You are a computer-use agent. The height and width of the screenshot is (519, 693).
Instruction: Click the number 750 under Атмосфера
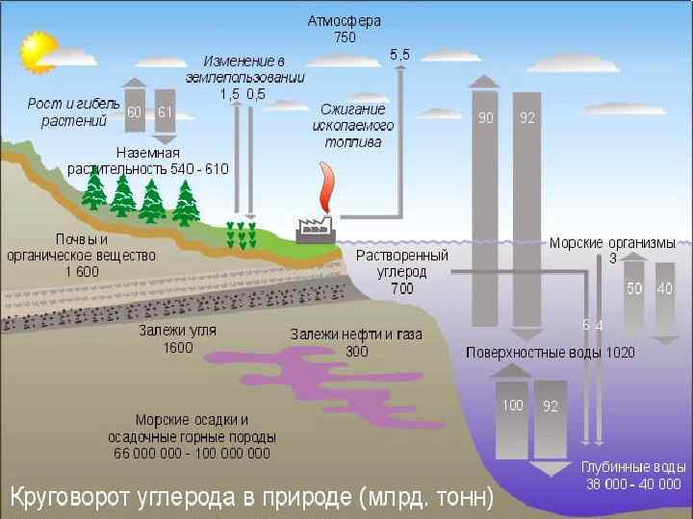pyautogui.click(x=345, y=38)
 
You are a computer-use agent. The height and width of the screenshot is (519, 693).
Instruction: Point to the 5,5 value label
pyautogui.click(x=400, y=56)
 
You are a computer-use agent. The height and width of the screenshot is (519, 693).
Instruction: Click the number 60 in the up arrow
pyautogui.click(x=136, y=112)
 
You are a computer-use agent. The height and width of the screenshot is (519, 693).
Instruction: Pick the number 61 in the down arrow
pyautogui.click(x=165, y=112)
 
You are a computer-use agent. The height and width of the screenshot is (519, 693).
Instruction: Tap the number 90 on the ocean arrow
pyautogui.click(x=486, y=118)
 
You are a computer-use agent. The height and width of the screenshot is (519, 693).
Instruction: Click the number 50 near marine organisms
pyautogui.click(x=634, y=288)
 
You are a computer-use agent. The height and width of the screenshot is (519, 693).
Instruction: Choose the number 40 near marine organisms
pyautogui.click(x=664, y=288)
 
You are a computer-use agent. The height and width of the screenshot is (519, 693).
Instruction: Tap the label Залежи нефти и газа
pyautogui.click(x=344, y=334)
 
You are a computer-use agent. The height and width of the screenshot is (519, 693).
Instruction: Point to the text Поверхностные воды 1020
pyautogui.click(x=551, y=352)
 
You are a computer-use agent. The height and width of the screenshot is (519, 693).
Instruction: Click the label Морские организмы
pyautogui.click(x=612, y=243)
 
